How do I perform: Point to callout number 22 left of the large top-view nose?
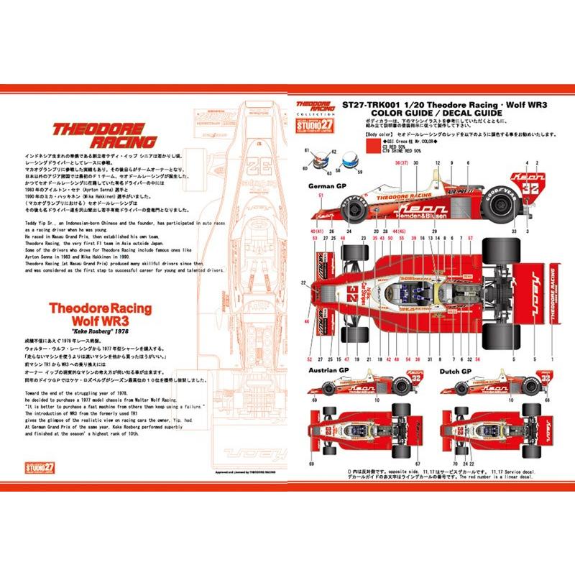pyautogui.click(x=304, y=283)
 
